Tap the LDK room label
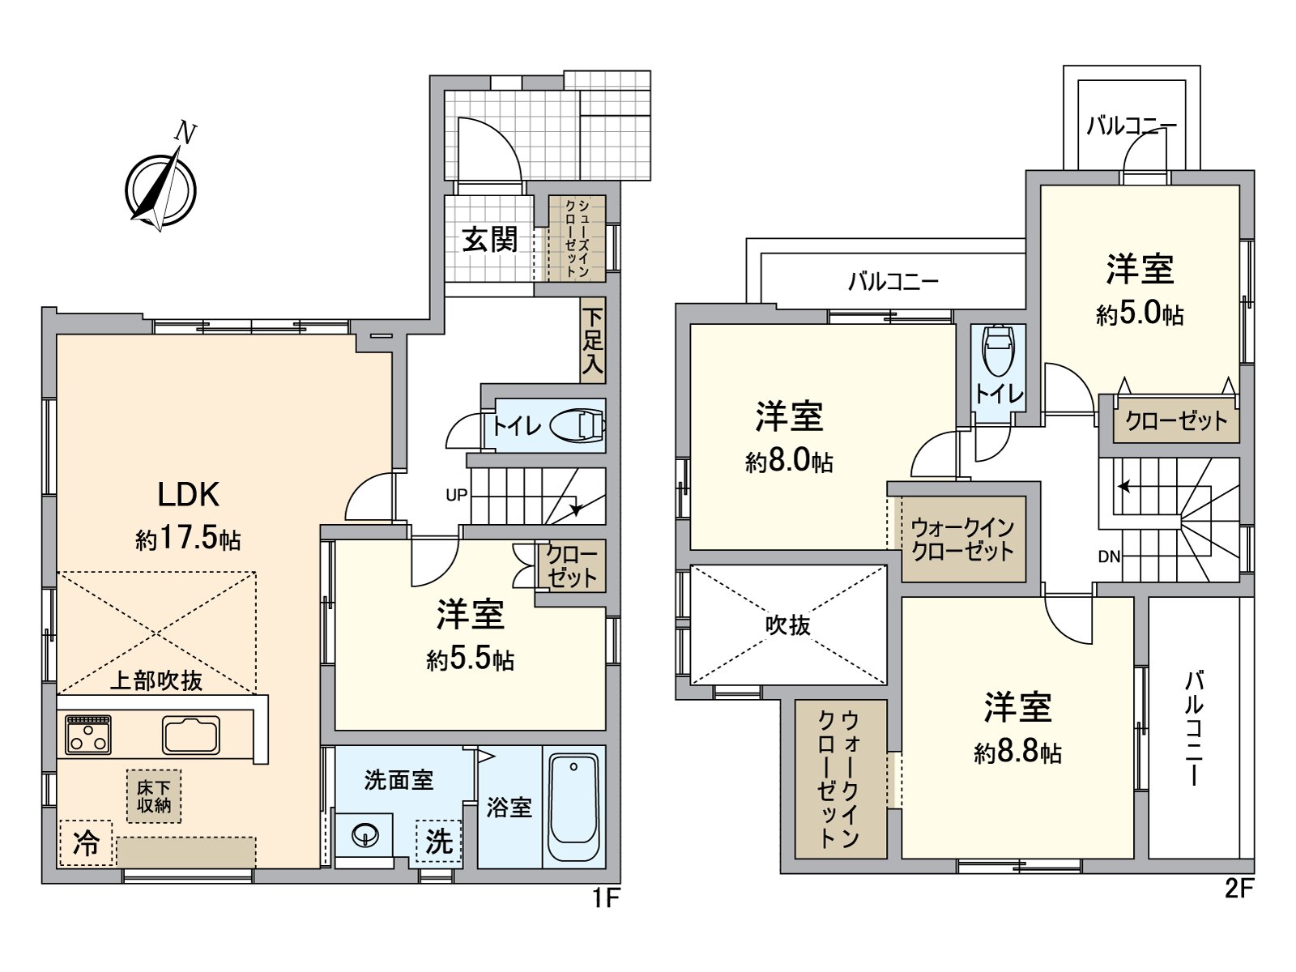(x=189, y=495)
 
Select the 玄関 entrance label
(x=489, y=240)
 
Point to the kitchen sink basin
(x=191, y=735)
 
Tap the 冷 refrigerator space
(x=86, y=843)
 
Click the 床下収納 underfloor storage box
(x=154, y=796)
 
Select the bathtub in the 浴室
(x=573, y=808)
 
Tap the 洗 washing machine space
(x=439, y=842)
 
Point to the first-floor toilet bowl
(x=578, y=425)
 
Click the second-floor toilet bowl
(x=997, y=350)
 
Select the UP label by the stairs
(x=456, y=495)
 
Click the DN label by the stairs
(x=1109, y=556)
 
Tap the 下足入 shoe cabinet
(x=592, y=340)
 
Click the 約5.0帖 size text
(x=1140, y=313)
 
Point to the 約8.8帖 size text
(x=1017, y=752)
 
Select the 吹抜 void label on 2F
(x=787, y=625)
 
